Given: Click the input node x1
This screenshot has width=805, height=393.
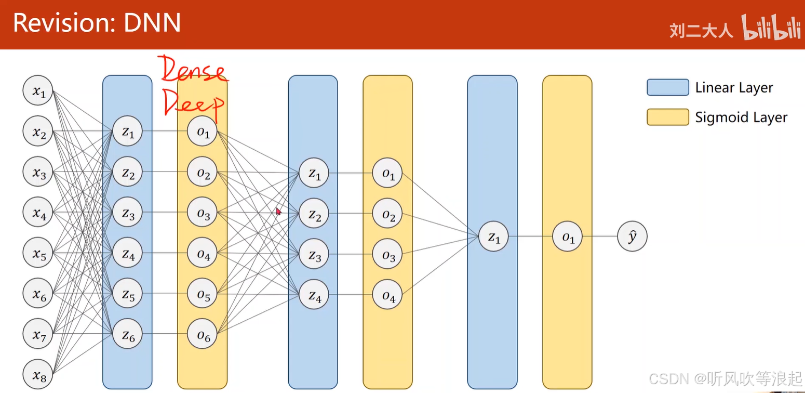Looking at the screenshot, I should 38,91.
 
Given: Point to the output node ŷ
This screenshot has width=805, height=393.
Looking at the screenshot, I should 632,237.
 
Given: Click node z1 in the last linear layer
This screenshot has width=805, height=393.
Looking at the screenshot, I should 493,237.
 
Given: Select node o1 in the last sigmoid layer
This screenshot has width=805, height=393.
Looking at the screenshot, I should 568,237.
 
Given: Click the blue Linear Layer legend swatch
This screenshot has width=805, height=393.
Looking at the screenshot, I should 667,88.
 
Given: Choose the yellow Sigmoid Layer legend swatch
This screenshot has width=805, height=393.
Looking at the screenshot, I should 667,117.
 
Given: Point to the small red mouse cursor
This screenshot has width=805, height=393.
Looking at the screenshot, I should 278,211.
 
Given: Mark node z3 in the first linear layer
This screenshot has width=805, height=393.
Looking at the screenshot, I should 128,213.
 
